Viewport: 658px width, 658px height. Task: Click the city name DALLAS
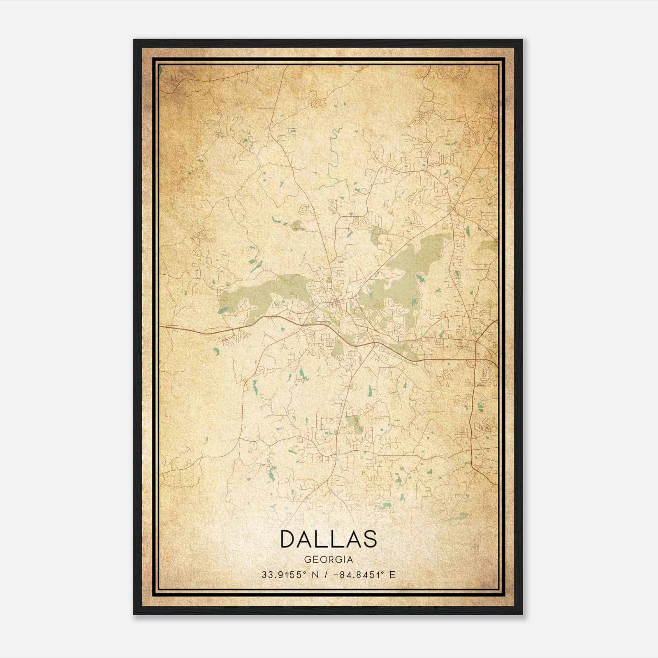tap(328, 539)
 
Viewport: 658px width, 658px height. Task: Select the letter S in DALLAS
tap(370, 539)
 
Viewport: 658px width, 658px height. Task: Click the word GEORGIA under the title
tap(328, 560)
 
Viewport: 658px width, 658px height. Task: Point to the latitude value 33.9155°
tap(284, 575)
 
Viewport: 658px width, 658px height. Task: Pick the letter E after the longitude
tap(392, 575)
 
